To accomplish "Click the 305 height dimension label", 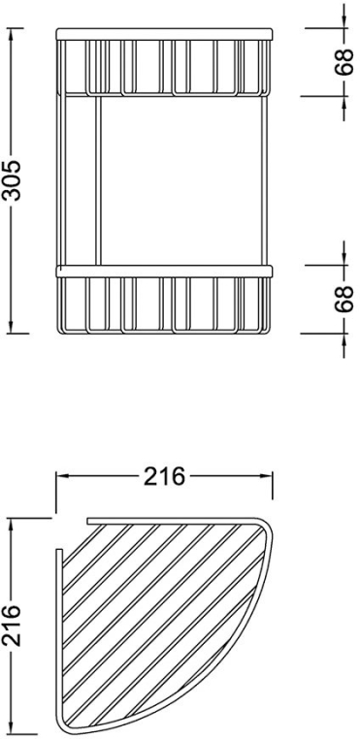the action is tap(14, 180).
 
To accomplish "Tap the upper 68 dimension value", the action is tap(344, 62).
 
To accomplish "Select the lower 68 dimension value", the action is tap(344, 299).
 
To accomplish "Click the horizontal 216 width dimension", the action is tap(164, 476).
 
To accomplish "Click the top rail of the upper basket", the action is tap(164, 34).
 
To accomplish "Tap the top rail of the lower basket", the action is tap(164, 271).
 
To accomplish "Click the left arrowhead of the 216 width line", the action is tap(62, 476).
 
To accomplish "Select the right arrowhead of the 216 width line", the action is tap(266, 476).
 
